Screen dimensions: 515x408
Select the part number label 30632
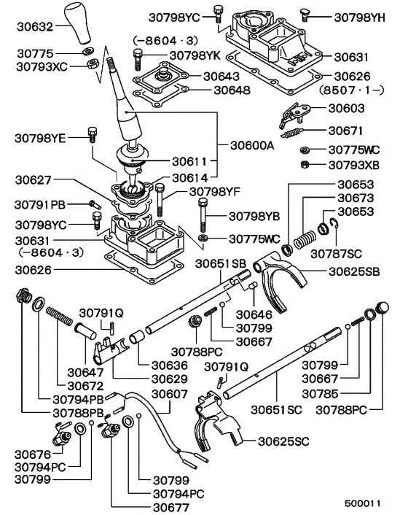[34, 28]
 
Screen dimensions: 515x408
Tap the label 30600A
[247, 145]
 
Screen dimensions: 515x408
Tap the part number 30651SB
[227, 262]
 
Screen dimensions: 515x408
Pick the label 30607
[169, 394]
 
